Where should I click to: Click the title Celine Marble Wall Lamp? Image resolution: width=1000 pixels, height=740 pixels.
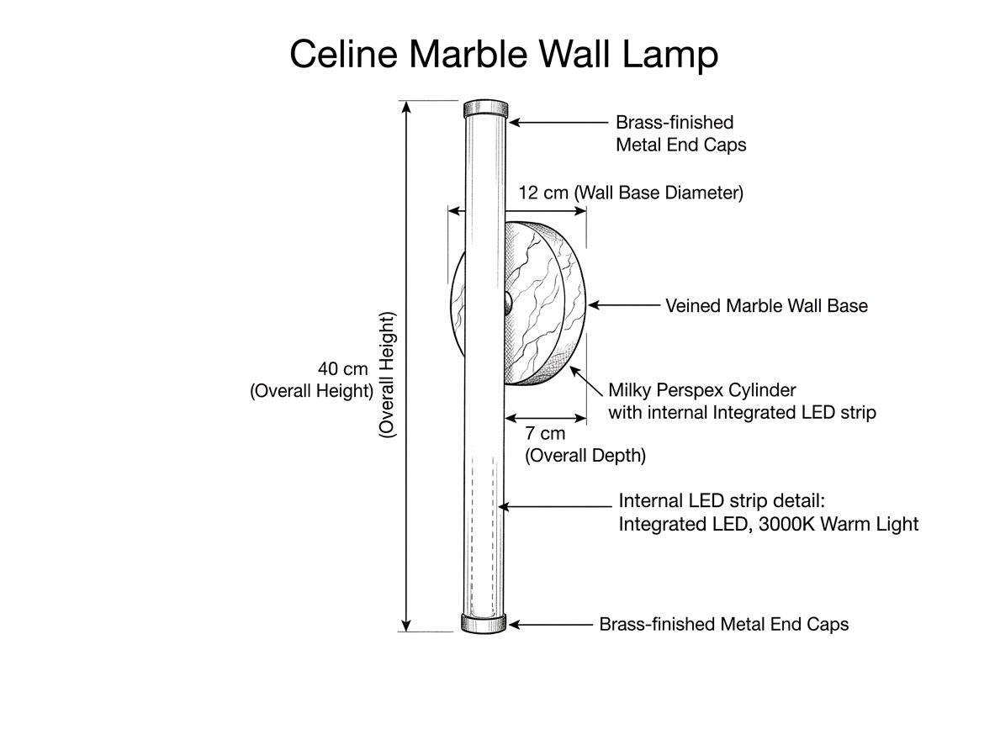[504, 54]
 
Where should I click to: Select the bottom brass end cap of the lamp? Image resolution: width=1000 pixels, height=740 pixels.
[484, 623]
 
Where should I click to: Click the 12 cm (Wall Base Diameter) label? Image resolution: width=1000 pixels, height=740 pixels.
[631, 193]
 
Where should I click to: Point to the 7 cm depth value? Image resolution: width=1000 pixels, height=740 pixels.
[545, 433]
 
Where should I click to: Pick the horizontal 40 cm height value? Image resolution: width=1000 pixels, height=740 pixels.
[343, 369]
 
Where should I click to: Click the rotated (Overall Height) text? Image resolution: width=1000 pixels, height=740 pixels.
[387, 375]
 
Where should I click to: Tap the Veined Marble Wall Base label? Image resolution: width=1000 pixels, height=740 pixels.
[766, 306]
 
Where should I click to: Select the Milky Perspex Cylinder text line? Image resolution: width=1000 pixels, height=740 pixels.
[702, 390]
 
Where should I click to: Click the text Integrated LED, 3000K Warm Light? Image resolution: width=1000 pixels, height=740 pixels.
[769, 524]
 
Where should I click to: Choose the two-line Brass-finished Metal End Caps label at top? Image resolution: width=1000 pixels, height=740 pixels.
[680, 133]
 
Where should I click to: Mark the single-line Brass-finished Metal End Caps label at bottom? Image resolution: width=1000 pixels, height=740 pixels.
[724, 624]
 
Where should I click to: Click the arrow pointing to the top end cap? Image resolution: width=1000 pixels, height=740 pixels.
[558, 123]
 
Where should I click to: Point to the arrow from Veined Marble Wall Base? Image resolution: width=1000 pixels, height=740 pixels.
[624, 305]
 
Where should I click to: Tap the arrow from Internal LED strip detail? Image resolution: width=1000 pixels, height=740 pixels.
[555, 507]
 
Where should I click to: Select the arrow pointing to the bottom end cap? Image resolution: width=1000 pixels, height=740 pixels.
[550, 625]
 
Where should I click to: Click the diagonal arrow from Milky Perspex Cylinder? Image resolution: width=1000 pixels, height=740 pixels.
[586, 381]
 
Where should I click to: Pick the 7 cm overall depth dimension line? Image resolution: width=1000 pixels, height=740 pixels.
[545, 419]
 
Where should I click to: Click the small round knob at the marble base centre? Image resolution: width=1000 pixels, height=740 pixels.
[508, 304]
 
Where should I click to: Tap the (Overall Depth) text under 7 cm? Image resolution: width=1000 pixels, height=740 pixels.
[585, 455]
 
